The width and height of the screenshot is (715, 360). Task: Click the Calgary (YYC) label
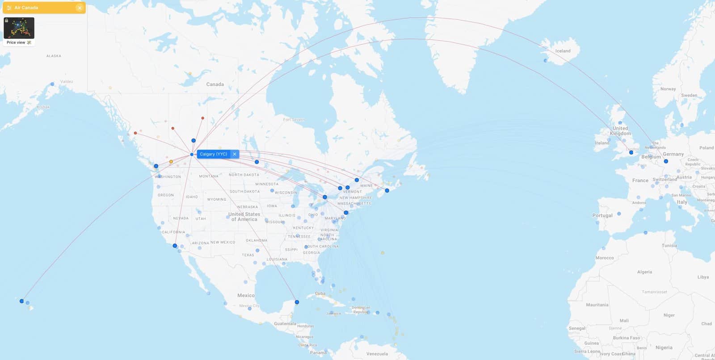213,154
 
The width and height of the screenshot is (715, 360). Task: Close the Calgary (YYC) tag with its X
235,154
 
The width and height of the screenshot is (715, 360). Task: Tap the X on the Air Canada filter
80,8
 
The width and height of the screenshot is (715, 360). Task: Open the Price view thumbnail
19,29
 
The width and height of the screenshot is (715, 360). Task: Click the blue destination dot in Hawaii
21,301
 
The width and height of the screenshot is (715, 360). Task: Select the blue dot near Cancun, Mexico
297,302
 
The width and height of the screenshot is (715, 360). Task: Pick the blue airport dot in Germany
666,161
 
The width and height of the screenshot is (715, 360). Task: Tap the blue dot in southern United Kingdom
631,152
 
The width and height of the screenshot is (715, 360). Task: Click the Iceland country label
563,51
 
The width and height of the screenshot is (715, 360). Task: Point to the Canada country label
215,84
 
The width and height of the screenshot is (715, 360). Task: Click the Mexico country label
246,295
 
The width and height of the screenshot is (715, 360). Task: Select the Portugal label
602,215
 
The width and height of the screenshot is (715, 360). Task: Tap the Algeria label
644,272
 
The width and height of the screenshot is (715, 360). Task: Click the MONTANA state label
209,176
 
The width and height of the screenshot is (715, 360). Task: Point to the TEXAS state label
248,255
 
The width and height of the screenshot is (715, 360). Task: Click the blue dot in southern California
175,246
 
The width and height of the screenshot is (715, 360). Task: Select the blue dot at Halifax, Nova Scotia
387,191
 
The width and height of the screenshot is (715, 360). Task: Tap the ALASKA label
54,56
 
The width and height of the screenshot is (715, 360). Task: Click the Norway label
668,89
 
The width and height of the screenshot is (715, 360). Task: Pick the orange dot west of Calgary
171,162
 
